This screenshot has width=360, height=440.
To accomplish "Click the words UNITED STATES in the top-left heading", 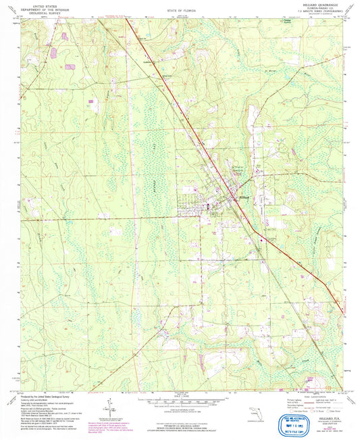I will pyautogui.click(x=34, y=5).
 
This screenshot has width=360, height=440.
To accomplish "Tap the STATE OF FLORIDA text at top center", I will pyautogui.click(x=179, y=11).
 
